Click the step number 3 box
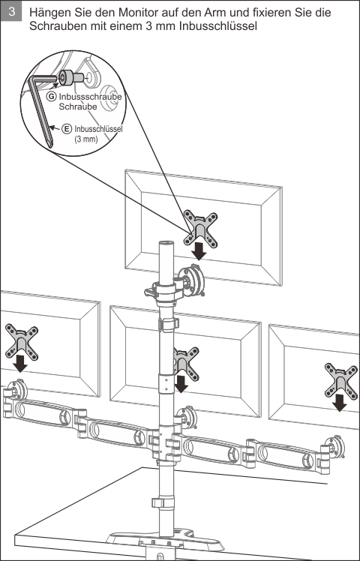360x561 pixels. [11, 11]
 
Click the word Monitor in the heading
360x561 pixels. [139, 13]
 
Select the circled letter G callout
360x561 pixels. [52, 97]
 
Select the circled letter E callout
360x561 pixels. [66, 129]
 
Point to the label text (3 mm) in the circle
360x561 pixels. [86, 139]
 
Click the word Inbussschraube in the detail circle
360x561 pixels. [90, 97]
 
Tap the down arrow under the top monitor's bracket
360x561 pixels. [199, 252]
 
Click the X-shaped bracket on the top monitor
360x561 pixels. [201, 229]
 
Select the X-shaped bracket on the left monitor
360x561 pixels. [22, 342]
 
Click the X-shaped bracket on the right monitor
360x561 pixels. [341, 382]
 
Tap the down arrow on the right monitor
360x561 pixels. [339, 403]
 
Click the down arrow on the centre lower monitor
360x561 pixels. [181, 384]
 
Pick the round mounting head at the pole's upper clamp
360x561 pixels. [191, 280]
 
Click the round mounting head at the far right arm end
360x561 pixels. [335, 447]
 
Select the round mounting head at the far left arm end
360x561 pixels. [16, 389]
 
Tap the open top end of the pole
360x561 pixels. [166, 243]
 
